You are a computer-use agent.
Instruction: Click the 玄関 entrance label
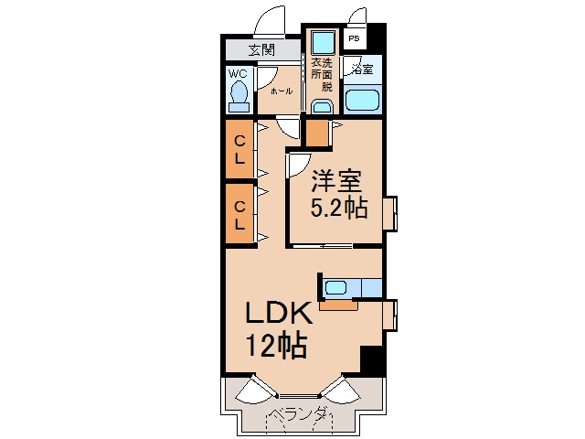click(262, 49)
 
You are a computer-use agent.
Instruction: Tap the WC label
click(238, 73)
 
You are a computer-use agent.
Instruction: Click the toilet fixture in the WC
click(239, 97)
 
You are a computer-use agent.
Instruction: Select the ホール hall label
click(282, 91)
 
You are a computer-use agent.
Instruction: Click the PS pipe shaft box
click(355, 38)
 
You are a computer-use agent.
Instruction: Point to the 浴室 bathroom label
click(362, 70)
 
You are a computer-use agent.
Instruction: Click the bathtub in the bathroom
click(362, 100)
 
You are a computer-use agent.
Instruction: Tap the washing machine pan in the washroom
click(323, 43)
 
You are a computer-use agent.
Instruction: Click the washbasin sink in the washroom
click(322, 106)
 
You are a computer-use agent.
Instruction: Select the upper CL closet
click(239, 148)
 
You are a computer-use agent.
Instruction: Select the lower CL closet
click(239, 214)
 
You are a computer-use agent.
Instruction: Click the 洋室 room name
click(336, 181)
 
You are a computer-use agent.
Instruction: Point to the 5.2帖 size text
click(339, 207)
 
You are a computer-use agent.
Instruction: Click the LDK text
click(279, 313)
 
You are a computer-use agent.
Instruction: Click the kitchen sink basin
click(335, 288)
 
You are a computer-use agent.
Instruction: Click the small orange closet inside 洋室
click(317, 134)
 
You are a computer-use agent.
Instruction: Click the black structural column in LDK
click(372, 360)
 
